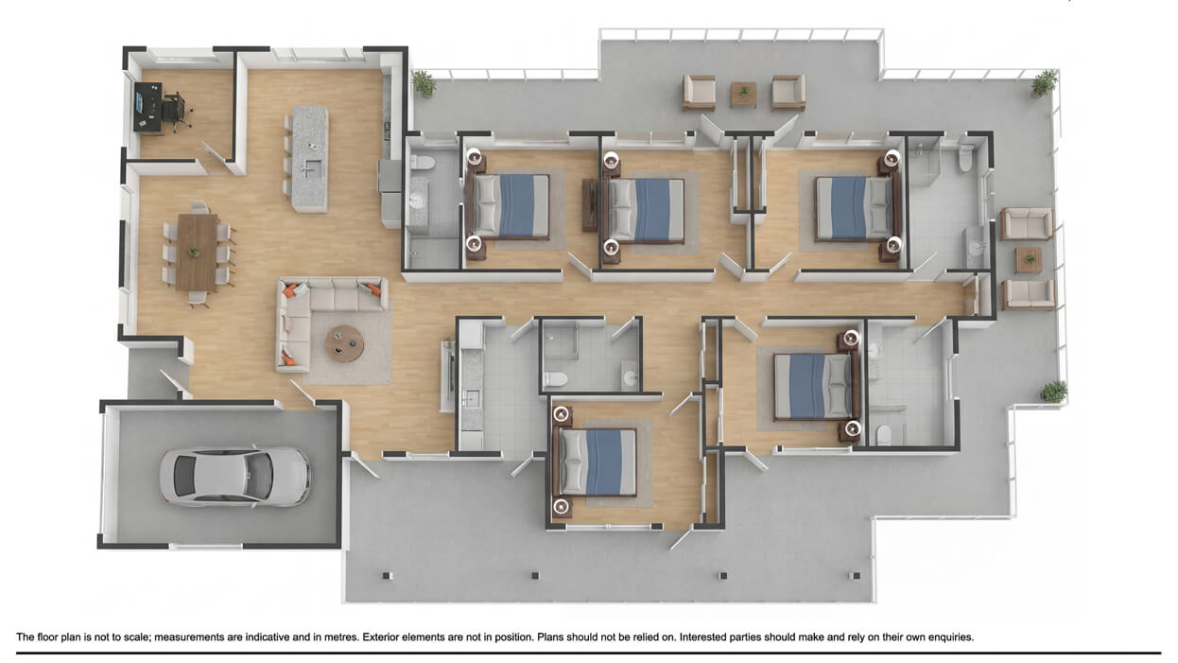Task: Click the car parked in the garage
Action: point(234,476)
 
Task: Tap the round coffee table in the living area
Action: point(344,343)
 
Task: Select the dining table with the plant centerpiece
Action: point(197,252)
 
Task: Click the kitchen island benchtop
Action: point(310,158)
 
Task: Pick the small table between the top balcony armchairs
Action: point(743,94)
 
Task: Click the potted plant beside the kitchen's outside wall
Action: point(424,84)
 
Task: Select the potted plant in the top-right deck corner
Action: point(1044,83)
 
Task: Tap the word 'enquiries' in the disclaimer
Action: point(948,637)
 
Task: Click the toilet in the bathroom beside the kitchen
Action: point(423,162)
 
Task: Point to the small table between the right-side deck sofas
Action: point(1028,259)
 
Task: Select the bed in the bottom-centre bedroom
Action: point(597,462)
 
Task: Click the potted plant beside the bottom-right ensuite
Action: point(1053,391)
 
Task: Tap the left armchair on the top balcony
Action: point(700,92)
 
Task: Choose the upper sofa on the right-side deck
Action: point(1027,224)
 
